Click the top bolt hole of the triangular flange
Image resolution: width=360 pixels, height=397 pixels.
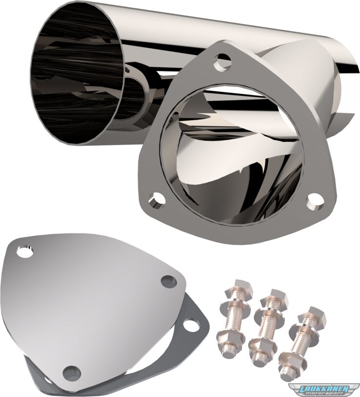(x=222, y=61)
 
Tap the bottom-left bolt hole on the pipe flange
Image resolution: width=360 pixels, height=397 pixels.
(x=157, y=202)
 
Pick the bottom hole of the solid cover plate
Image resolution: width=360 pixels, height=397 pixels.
(x=72, y=373)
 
